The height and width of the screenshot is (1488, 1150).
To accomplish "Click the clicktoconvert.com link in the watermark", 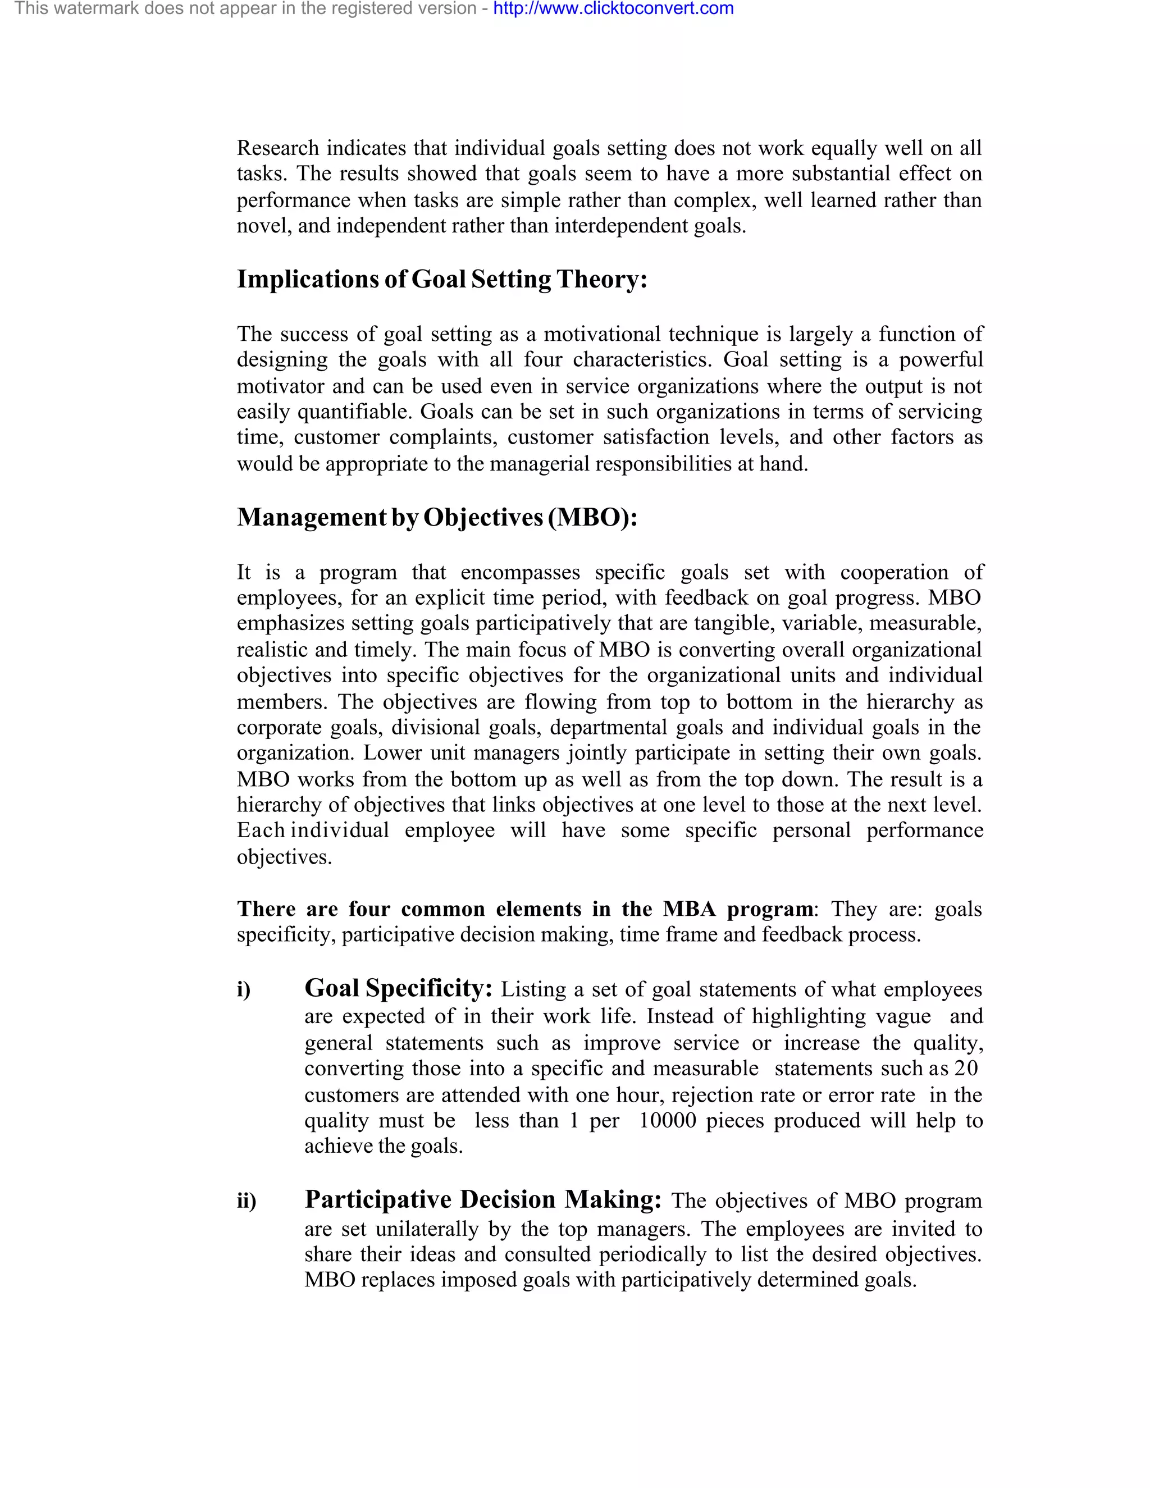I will [x=613, y=9].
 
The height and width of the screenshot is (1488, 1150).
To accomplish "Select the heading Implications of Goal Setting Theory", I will [x=441, y=279].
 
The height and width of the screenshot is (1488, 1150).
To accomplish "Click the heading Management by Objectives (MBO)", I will [x=437, y=517].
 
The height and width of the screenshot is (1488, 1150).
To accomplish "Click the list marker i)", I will [x=244, y=989].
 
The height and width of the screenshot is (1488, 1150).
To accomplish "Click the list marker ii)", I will [x=247, y=1201].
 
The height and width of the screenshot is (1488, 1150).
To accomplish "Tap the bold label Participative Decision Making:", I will [x=483, y=1199].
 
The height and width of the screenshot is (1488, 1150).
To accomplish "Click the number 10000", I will [x=668, y=1120].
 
